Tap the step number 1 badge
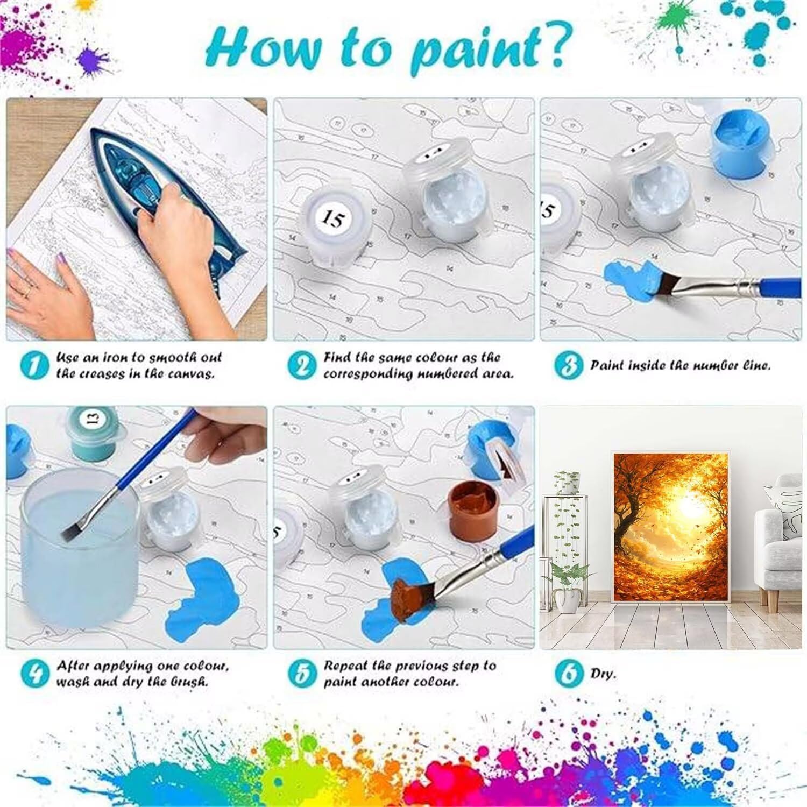click(34, 365)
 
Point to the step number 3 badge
click(569, 365)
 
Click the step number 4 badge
click(35, 673)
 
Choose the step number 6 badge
click(569, 673)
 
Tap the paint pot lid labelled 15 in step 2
click(334, 218)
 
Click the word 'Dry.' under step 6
click(603, 674)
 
